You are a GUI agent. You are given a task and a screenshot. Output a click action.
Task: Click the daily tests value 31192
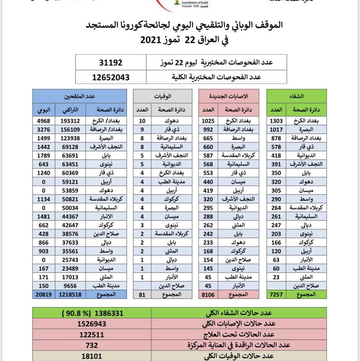tap(111, 62)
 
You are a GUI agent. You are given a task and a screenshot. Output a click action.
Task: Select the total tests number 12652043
tap(111, 77)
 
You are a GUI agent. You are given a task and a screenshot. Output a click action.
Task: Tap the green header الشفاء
tap(297, 96)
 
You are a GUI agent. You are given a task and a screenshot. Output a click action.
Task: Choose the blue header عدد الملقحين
tap(80, 96)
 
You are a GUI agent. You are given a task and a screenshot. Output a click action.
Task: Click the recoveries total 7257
tap(277, 295)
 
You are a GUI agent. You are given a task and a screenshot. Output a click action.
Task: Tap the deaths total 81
tap(142, 295)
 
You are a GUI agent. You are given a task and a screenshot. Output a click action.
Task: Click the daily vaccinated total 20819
tap(43, 295)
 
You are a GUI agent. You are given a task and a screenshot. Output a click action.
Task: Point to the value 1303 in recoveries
tap(277, 121)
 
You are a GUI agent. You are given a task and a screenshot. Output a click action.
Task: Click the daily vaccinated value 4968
tap(43, 121)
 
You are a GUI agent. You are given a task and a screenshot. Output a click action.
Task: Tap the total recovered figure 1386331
tap(92, 313)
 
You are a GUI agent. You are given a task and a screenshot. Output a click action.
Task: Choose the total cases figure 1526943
tap(92, 324)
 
